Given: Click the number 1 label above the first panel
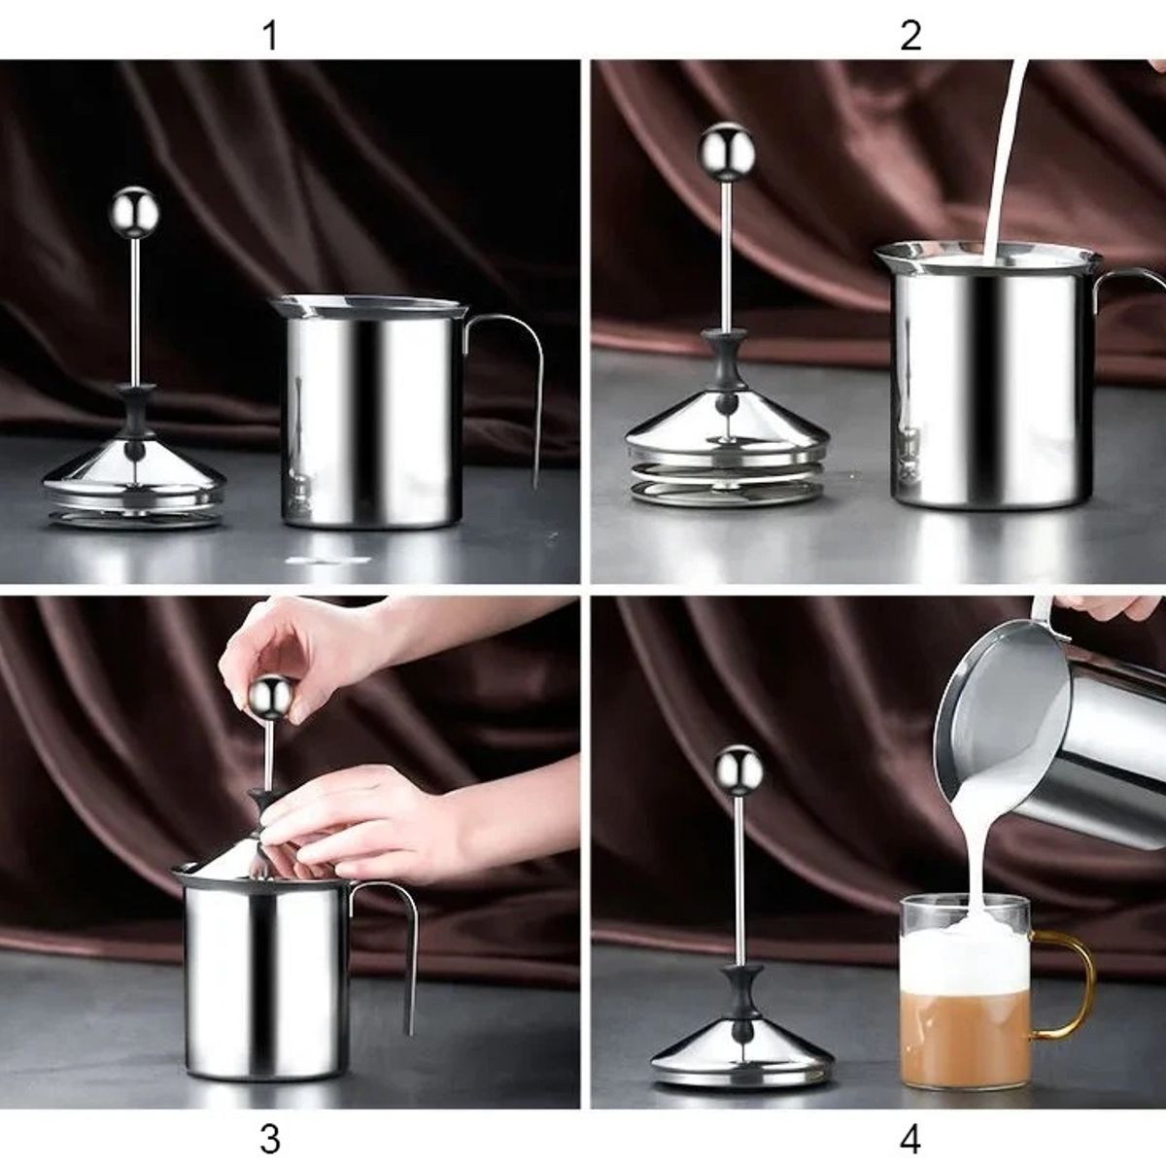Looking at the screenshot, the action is [x=270, y=36].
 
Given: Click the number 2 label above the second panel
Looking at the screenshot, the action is [x=910, y=36].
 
